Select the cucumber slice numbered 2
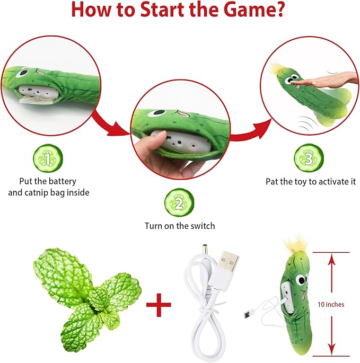[x=180, y=203]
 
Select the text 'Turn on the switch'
[x=180, y=226]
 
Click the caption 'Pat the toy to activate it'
[x=311, y=181]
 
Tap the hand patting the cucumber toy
[x=331, y=80]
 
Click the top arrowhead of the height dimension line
[x=332, y=258]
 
